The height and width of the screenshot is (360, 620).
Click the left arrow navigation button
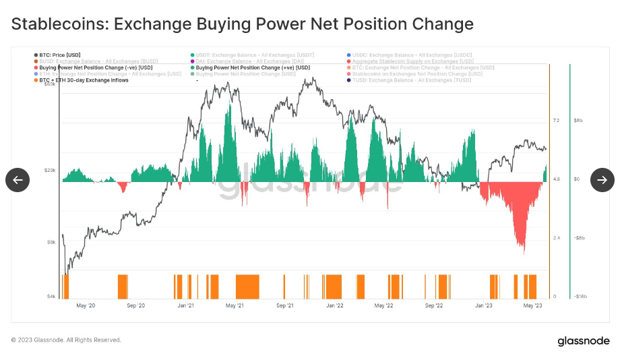(x=18, y=180)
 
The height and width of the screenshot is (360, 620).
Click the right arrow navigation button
(x=602, y=180)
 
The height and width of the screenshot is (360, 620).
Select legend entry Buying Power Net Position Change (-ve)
(x=96, y=67)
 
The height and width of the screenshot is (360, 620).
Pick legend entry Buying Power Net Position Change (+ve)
(x=253, y=67)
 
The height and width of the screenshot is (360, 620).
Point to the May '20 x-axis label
(x=86, y=306)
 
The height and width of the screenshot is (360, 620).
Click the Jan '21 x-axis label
(x=186, y=306)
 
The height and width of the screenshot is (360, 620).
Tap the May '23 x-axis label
(x=533, y=306)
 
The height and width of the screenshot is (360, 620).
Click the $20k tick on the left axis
(x=51, y=170)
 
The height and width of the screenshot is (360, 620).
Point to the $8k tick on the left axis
(x=52, y=241)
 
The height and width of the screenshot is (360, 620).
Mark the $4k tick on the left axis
(x=52, y=297)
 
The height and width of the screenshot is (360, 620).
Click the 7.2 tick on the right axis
(x=556, y=121)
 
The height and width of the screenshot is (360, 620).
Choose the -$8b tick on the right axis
(x=580, y=238)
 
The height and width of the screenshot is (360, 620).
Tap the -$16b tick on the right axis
(x=581, y=297)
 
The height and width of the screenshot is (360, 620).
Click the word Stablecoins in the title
(x=59, y=24)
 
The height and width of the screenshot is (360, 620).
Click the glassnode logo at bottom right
(x=583, y=341)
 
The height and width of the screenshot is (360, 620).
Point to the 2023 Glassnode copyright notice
(x=66, y=340)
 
